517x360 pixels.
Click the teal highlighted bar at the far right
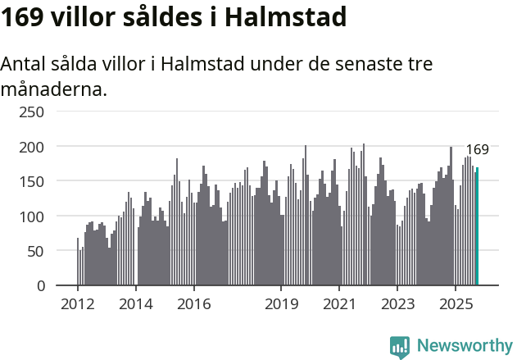[478, 226]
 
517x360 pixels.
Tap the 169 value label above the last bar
[477, 150]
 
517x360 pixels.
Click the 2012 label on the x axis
[78, 304]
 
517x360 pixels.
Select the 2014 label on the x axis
[136, 304]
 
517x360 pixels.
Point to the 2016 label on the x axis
[193, 304]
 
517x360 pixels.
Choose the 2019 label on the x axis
[281, 304]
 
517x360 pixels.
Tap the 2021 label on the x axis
[338, 304]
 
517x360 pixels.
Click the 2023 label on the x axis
[397, 304]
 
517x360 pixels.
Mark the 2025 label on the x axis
[455, 304]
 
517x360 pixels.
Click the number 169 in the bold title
[21, 16]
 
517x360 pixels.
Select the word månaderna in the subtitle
[53, 89]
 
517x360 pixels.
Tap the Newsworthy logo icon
[400, 347]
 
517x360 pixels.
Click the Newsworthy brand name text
[465, 346]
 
